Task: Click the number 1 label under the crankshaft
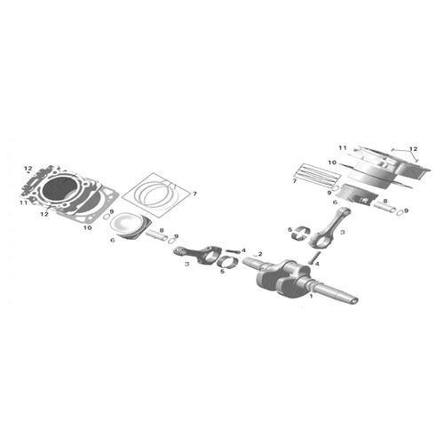(311, 296)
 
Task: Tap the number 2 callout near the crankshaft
(260, 254)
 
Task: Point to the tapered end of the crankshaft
(353, 300)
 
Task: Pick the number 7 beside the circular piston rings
(194, 194)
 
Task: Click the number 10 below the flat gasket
(88, 227)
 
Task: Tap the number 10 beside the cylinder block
(332, 163)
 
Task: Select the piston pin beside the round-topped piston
(156, 234)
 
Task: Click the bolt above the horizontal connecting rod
(233, 251)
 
